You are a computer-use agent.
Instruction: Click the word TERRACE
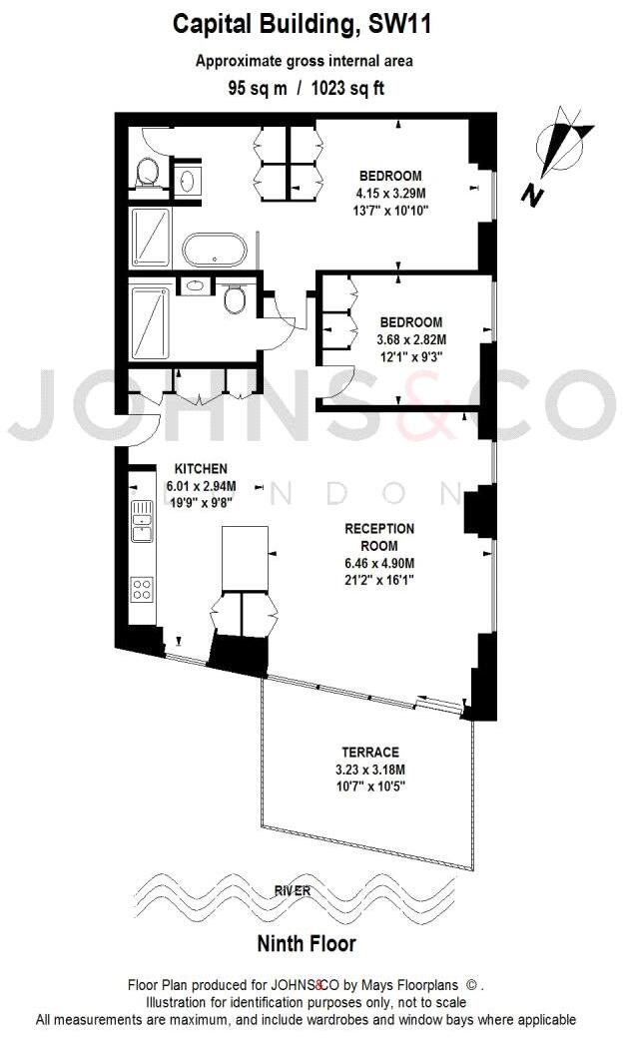pos(371,752)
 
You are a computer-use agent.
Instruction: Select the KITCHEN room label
pos(202,468)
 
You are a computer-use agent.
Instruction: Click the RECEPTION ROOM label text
pos(378,537)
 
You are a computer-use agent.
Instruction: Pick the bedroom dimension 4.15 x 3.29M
pos(390,194)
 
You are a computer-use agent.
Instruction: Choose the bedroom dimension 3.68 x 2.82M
pos(410,339)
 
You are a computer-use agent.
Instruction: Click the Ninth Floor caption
pos(307,943)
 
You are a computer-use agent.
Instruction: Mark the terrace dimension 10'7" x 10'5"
pos(371,785)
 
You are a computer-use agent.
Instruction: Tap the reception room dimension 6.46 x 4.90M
pos(378,563)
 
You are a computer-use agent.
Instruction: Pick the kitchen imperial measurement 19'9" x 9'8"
pos(202,502)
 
